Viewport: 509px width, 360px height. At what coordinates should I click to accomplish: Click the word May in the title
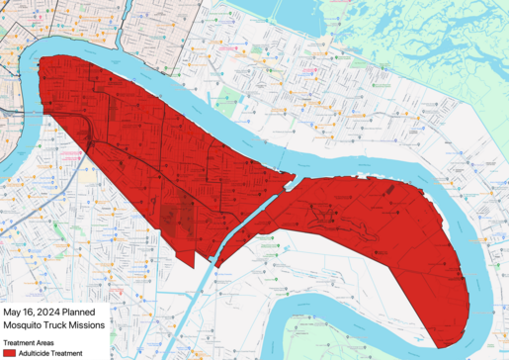click(x=15, y=310)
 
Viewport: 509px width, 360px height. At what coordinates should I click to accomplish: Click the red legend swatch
click(x=9, y=352)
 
